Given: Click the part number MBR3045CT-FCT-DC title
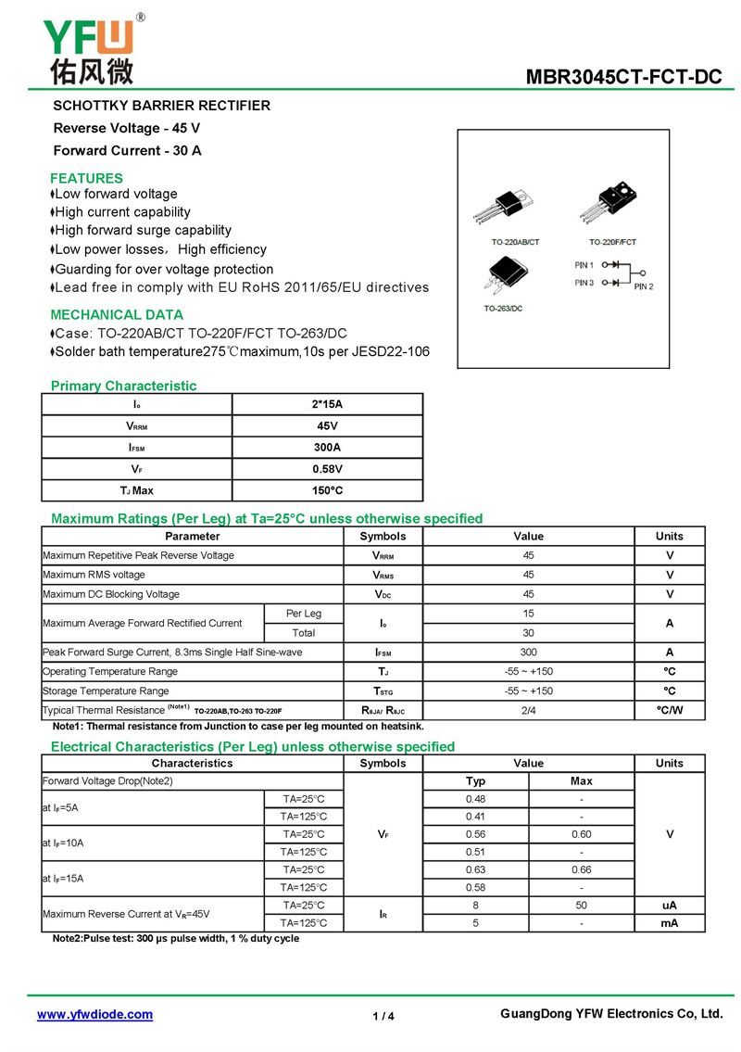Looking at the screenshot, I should click(x=623, y=77).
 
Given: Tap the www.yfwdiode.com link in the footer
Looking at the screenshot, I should click(x=94, y=1014).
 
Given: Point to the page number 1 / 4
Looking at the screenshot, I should click(x=383, y=1016).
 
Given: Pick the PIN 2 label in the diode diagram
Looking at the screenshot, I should click(x=644, y=286).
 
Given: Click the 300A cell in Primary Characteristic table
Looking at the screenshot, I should click(x=327, y=447).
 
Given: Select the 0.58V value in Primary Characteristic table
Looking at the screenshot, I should click(x=327, y=469).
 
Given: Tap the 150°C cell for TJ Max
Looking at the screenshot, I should click(x=327, y=490).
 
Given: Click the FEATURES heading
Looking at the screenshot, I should click(x=86, y=178).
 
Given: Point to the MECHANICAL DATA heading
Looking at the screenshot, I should click(x=117, y=314).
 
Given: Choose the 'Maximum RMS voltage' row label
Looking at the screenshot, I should click(x=94, y=575).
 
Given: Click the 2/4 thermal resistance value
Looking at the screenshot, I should click(x=528, y=710).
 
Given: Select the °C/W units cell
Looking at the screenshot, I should click(x=669, y=710).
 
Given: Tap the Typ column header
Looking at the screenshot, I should click(x=475, y=781).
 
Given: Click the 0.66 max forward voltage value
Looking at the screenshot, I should click(x=581, y=869).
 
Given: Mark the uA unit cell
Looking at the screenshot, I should click(x=669, y=905).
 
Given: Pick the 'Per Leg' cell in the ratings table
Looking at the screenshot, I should click(x=304, y=614).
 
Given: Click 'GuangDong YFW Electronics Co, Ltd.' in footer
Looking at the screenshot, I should click(x=611, y=1014).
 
